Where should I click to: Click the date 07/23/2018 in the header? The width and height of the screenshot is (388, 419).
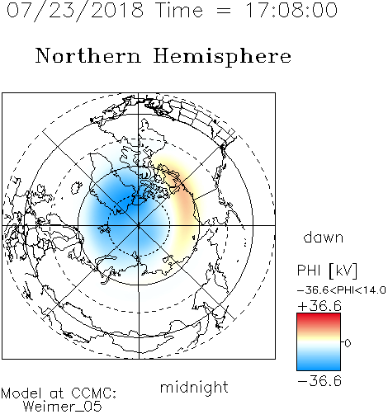click(75, 11)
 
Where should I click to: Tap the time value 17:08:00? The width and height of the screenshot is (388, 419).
click(291, 10)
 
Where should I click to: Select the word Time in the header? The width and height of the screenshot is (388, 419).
click(179, 10)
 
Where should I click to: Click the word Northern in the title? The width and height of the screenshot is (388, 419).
click(88, 55)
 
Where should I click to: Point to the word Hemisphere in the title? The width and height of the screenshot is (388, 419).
click(222, 56)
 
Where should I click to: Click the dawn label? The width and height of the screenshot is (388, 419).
click(324, 237)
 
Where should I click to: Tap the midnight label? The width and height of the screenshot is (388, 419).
click(194, 387)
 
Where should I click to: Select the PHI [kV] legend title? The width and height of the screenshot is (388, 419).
click(327, 271)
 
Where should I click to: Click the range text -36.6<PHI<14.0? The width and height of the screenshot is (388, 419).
click(342, 290)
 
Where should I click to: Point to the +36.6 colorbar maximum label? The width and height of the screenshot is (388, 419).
click(319, 306)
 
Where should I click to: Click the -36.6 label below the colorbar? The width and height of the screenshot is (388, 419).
click(319, 381)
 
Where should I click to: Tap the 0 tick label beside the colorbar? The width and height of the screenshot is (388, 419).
click(348, 343)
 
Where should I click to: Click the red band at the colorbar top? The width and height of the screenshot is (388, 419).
click(319, 318)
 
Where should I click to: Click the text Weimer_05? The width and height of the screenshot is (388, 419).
click(62, 407)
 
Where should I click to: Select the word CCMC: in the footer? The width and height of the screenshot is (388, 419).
click(93, 393)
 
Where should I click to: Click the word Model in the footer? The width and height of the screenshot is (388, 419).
click(21, 393)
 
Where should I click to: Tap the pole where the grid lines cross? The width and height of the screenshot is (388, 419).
click(139, 225)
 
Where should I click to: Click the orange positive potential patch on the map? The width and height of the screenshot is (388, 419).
click(184, 205)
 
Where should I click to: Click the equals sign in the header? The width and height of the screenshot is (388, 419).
click(224, 11)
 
